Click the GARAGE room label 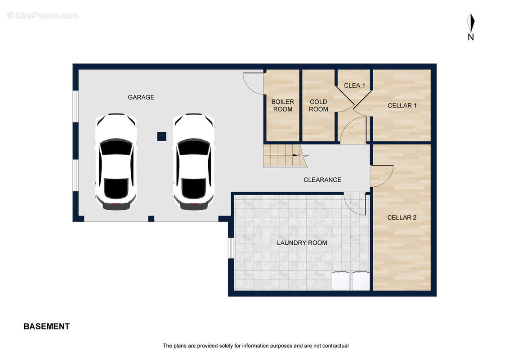[141, 97]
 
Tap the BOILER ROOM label [283, 106]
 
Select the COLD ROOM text [318, 106]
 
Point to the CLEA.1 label [354, 85]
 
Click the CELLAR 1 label [402, 106]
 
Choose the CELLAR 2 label [402, 218]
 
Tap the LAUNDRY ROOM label [302, 243]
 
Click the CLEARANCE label [322, 180]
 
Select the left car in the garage [116, 162]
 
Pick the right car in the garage [193, 162]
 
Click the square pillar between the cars [162, 136]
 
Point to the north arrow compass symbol [470, 23]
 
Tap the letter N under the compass [471, 37]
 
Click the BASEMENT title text [47, 327]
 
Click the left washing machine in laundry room [340, 281]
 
